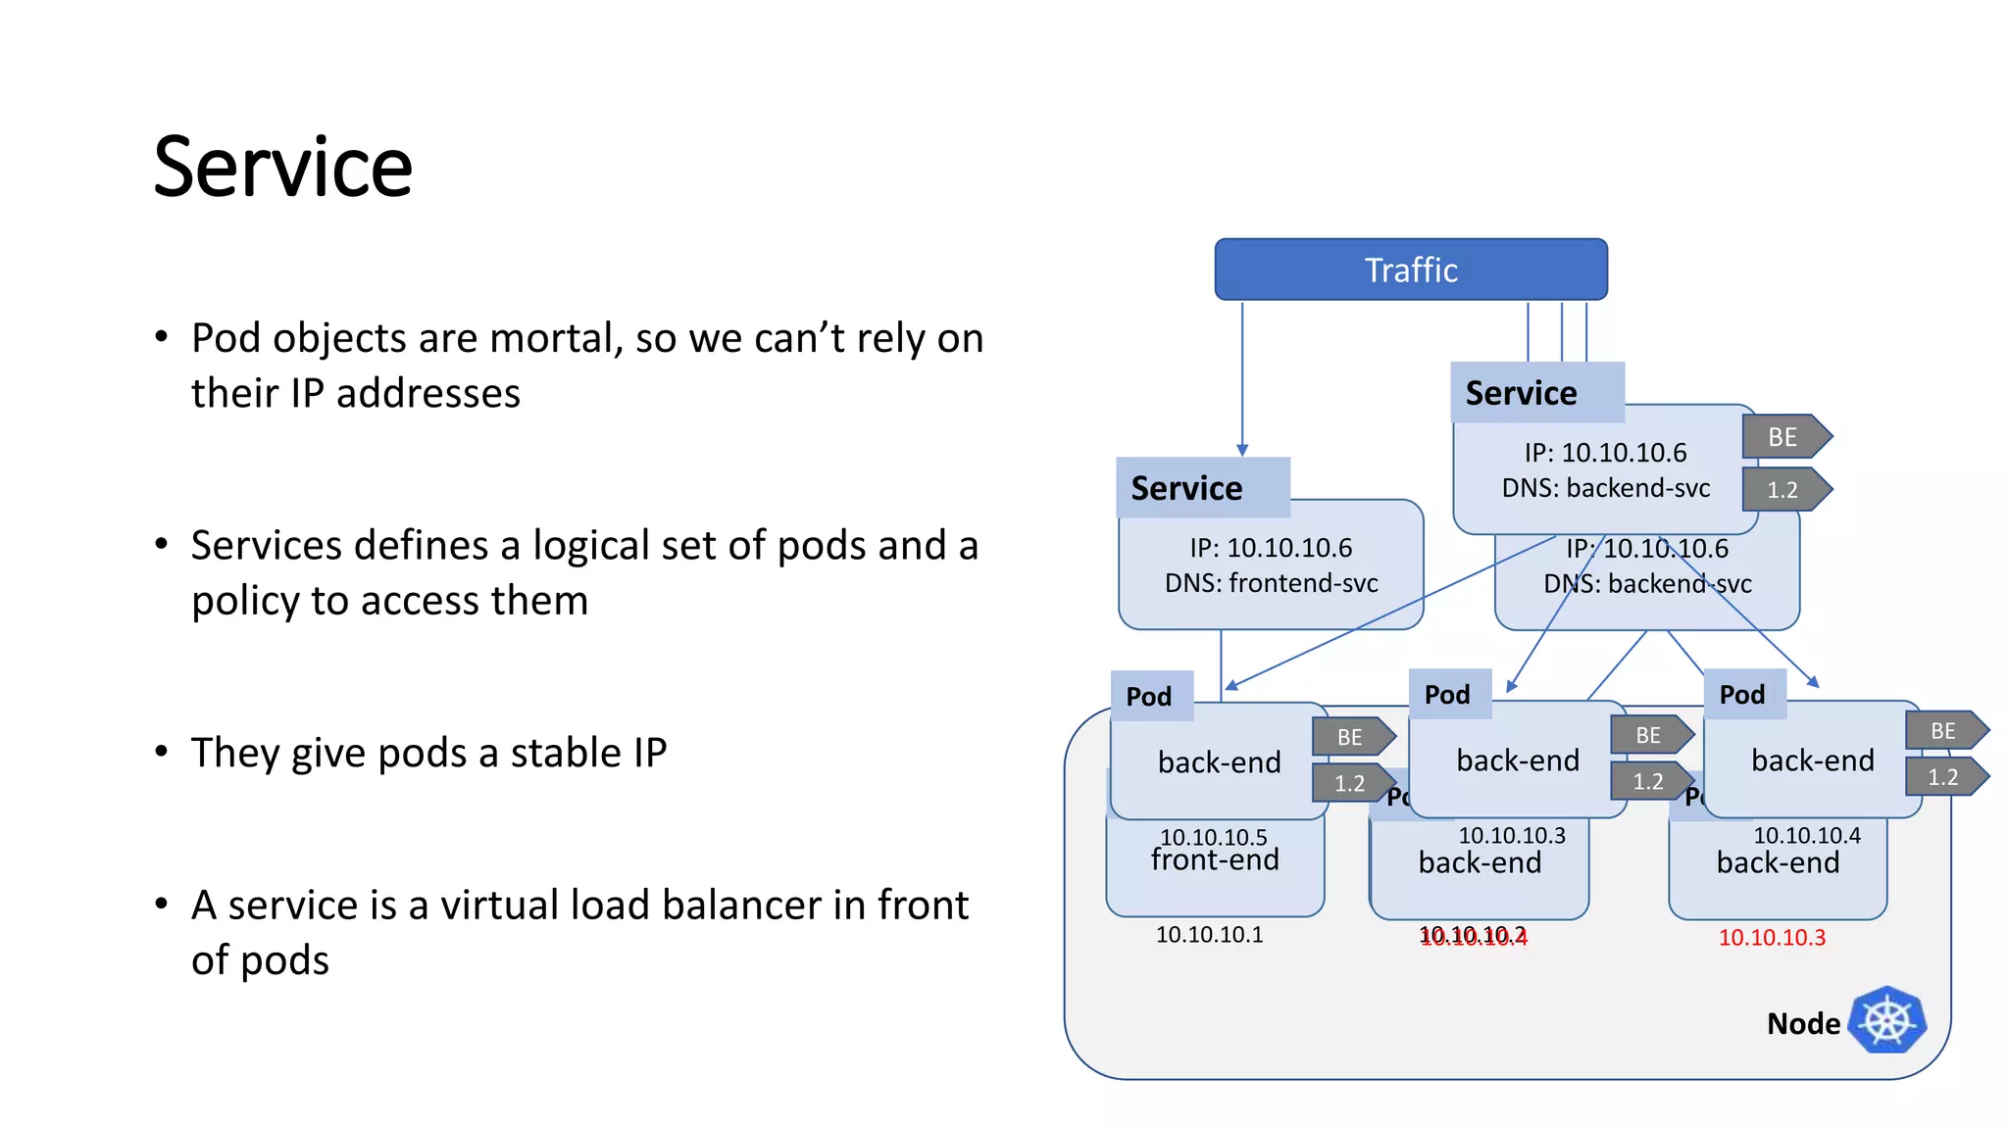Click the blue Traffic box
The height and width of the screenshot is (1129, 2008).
pos(1410,270)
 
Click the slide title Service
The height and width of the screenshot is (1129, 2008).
pos(282,167)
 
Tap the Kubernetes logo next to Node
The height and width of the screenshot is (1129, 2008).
pos(1887,1020)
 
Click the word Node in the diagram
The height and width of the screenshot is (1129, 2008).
pos(1802,1023)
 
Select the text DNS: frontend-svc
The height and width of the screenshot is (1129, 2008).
pos(1271,583)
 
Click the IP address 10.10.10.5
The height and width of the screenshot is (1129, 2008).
pos(1213,837)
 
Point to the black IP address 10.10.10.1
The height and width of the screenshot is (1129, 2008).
pos(1209,935)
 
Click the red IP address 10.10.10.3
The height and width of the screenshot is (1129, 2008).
pos(1772,938)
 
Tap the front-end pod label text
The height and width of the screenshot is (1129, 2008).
pos(1215,860)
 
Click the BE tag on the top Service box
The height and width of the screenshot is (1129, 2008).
pos(1783,437)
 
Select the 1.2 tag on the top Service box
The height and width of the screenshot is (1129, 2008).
pos(1783,490)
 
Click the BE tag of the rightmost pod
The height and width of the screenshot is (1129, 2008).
pos(1943,731)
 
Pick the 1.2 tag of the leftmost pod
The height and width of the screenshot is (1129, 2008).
pos(1350,784)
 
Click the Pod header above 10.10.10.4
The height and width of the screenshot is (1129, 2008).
pos(1742,695)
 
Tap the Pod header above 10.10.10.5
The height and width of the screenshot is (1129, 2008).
pos(1149,697)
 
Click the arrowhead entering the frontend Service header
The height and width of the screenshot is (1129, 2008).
pos(1242,450)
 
